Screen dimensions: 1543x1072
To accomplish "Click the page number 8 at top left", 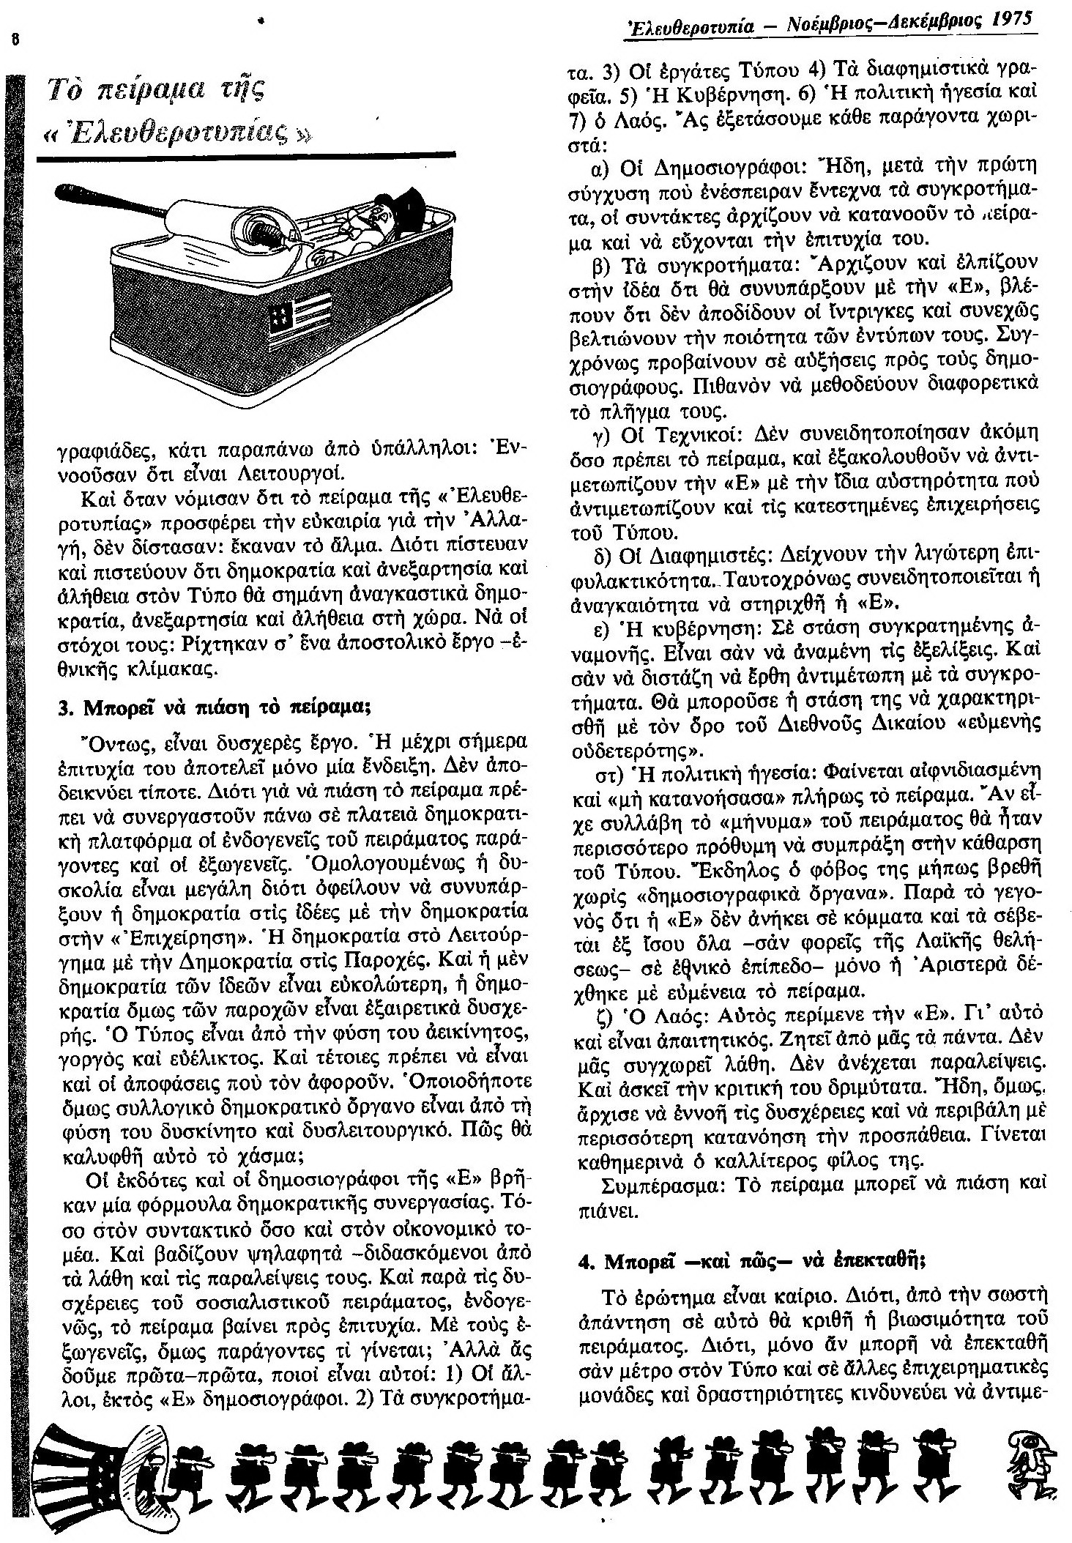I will click(x=11, y=40).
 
